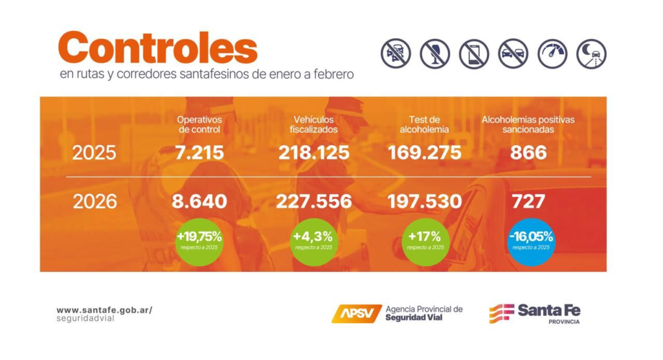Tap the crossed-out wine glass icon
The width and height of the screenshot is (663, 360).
pos(434,54)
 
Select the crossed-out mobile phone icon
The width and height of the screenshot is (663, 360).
pos(473,54)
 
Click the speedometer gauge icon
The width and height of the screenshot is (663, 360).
pos(552,54)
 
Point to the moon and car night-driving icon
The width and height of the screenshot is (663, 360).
pos(591,54)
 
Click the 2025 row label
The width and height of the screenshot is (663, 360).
pos(94,153)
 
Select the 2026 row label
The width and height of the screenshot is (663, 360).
pos(95,201)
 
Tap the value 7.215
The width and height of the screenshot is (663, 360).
pos(199,153)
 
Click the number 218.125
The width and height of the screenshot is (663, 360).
pos(314,153)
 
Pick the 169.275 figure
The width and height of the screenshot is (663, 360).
pos(425,153)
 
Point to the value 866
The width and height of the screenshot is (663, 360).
pos(528,153)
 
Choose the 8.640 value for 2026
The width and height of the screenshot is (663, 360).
pos(199,201)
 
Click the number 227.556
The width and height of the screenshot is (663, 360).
pos(314,201)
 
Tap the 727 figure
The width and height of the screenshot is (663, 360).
pos(528,201)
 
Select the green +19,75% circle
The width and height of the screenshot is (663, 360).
pos(199,240)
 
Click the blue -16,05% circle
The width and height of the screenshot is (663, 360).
pos(531,240)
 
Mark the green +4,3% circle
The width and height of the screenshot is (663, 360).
pos(314,240)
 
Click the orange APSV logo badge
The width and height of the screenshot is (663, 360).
pos(356,313)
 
